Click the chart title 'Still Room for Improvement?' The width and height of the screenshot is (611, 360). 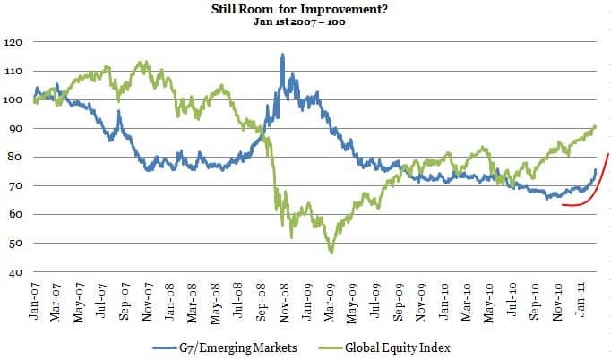click(304, 9)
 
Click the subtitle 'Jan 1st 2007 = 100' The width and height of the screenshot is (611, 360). click(304, 21)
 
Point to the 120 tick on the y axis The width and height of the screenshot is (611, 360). click(13, 42)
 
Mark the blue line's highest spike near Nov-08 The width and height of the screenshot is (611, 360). click(282, 55)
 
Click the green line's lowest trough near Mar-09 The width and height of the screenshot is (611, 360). click(331, 253)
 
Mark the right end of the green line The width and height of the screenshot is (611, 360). click(596, 126)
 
